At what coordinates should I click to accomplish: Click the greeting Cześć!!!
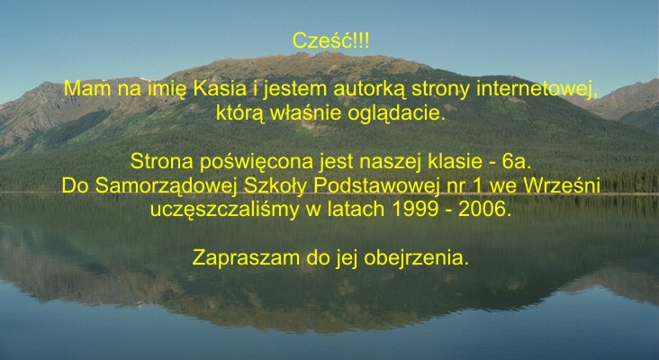(330, 41)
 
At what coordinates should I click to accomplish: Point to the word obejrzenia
(416, 258)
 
